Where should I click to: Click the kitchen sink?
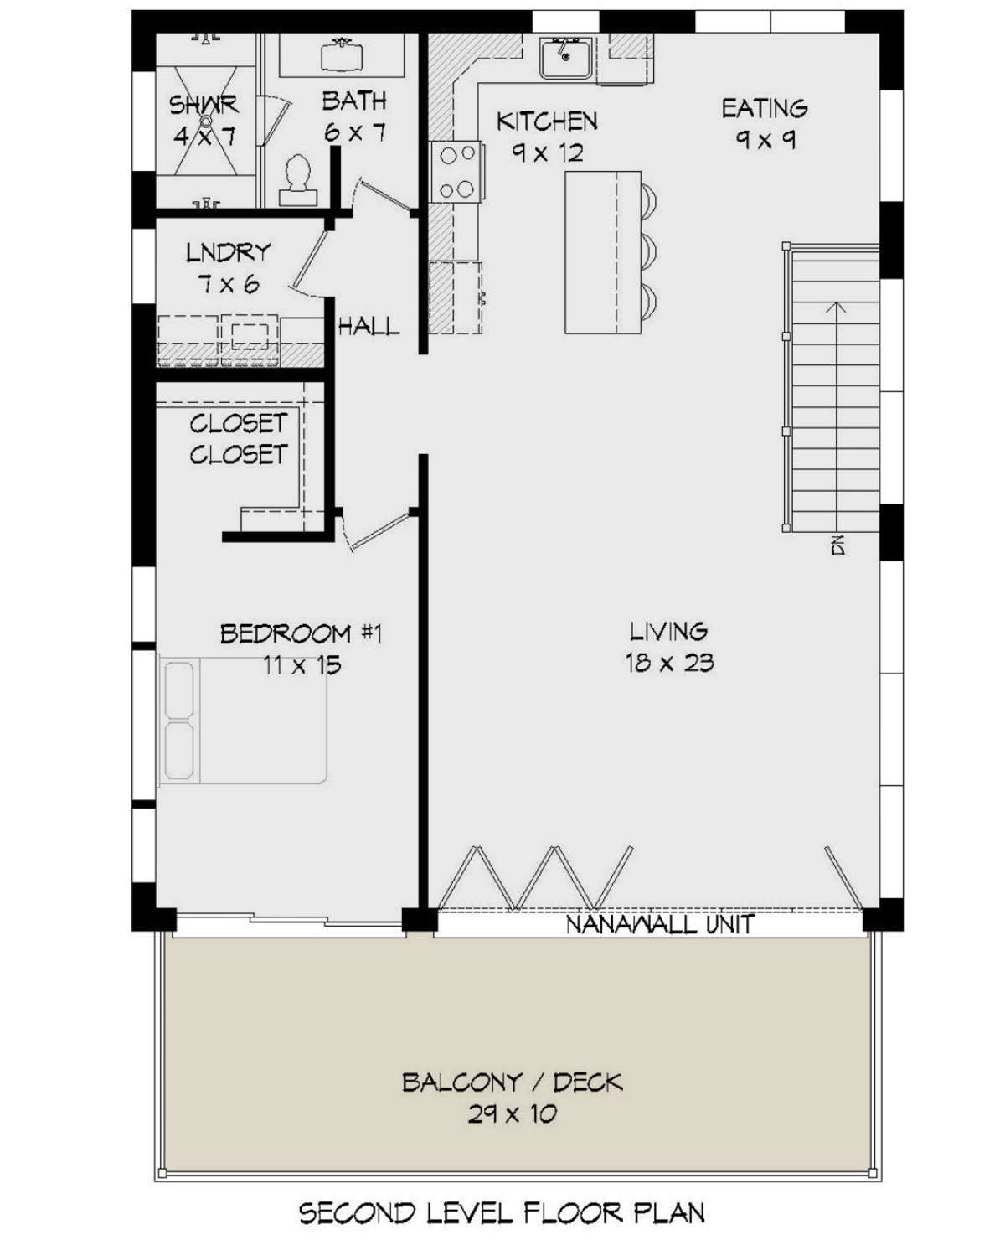(564, 58)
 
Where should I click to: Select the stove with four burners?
(456, 171)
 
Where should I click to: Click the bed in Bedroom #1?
(243, 721)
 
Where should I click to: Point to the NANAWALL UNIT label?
(660, 924)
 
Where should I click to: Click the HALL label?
(369, 326)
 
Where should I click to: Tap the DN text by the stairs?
(838, 546)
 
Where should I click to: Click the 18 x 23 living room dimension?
(670, 663)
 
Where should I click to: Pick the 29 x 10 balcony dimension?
(513, 1114)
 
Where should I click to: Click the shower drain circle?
(205, 121)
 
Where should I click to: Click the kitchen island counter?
(603, 252)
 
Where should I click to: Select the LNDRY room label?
(229, 253)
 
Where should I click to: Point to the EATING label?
(765, 108)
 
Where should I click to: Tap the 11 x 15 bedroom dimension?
(301, 665)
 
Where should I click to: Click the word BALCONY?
(461, 1082)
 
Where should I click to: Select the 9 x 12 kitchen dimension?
(547, 153)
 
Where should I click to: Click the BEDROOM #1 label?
(301, 633)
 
